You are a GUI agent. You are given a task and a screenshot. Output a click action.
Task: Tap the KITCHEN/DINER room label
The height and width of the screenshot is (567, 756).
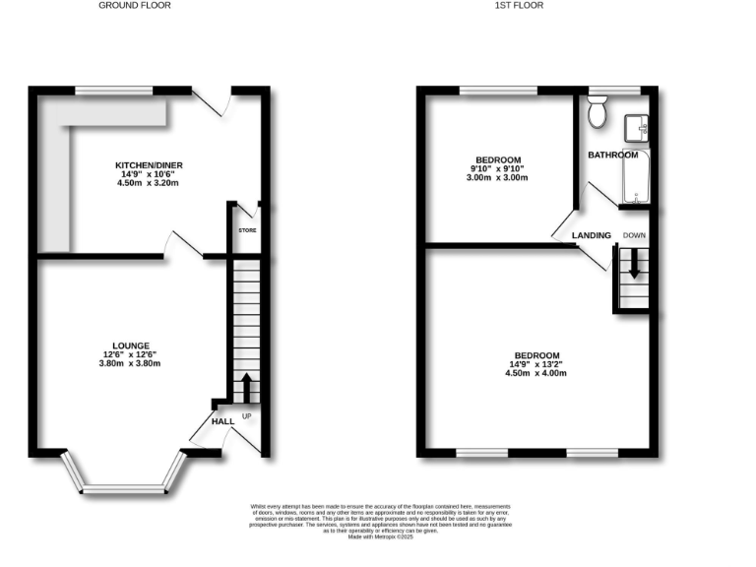click(x=149, y=164)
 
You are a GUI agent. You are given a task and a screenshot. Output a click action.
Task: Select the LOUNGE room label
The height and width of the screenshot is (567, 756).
click(x=131, y=346)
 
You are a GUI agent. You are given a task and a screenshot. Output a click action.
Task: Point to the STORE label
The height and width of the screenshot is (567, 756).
click(x=247, y=231)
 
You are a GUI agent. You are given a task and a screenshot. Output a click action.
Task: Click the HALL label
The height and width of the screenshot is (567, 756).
click(x=222, y=421)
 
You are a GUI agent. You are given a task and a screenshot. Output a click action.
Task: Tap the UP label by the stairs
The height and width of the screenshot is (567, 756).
click(x=247, y=416)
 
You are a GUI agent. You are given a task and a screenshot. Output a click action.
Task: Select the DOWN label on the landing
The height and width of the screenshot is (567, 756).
click(x=634, y=235)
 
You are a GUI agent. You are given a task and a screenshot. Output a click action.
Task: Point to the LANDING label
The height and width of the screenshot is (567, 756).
click(x=593, y=235)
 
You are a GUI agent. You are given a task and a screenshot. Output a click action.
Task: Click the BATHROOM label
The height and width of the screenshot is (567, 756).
click(x=613, y=155)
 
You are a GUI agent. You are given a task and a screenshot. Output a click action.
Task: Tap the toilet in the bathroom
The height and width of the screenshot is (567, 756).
click(x=597, y=113)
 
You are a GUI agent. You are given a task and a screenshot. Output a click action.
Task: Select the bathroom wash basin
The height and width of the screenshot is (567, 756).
click(x=634, y=128)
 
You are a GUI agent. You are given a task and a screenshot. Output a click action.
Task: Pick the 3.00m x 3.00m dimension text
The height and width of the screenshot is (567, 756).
click(x=498, y=178)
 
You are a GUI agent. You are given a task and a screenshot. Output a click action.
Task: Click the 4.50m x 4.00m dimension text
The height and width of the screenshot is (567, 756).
click(x=536, y=373)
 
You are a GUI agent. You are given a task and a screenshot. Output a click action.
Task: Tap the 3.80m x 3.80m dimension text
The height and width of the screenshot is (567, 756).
click(x=131, y=363)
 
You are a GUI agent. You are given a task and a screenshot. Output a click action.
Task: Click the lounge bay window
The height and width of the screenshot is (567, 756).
click(x=123, y=485)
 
